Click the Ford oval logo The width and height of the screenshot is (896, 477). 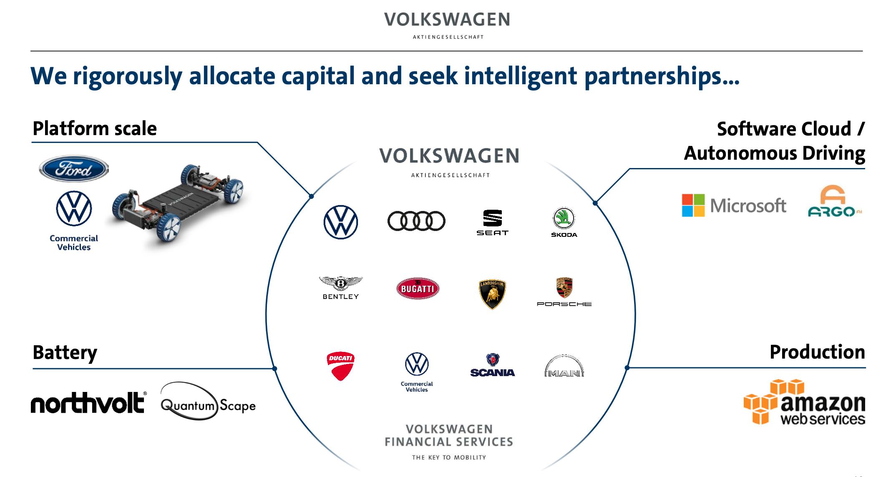(x=73, y=169)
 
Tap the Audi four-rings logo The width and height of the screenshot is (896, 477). (x=416, y=221)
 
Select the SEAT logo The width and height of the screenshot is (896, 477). (x=492, y=223)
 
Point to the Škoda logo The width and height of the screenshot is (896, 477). (x=564, y=222)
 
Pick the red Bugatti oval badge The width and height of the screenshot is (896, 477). (x=418, y=289)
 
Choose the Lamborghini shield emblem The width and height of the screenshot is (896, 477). (x=492, y=294)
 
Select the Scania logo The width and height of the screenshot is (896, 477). (x=493, y=366)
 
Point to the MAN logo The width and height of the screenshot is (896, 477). (x=564, y=367)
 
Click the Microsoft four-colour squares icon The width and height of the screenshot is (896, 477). (x=693, y=205)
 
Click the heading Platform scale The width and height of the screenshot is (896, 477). (x=95, y=128)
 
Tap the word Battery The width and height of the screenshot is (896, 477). (x=65, y=352)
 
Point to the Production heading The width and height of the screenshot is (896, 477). (x=817, y=352)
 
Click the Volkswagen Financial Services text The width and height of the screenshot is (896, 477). (x=449, y=436)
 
